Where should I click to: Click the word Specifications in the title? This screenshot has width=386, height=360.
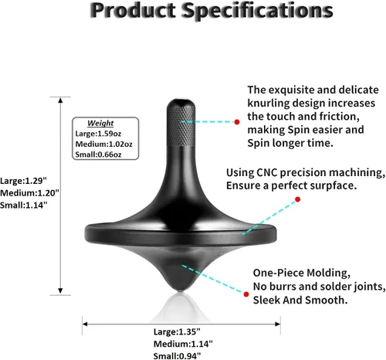257,11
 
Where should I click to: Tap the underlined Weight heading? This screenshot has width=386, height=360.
100,123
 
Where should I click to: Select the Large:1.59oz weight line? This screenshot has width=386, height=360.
98,134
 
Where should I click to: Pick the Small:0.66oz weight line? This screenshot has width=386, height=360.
98,155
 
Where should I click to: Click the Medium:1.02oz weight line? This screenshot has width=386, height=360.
103,144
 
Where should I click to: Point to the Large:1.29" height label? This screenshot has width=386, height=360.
23,181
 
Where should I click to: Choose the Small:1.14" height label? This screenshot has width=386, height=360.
24,205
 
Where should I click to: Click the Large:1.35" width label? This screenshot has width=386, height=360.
177,331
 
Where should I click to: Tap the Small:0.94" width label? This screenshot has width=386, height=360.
177,356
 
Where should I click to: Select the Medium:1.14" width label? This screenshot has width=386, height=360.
183,344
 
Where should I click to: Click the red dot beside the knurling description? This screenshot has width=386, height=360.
237,122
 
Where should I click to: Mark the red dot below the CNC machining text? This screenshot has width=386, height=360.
298,199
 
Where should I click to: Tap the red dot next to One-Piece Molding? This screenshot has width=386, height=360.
246,294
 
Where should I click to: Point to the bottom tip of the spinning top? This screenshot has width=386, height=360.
181,291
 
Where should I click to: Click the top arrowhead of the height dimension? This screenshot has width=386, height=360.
60,100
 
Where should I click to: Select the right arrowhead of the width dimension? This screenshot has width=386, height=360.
278,324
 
